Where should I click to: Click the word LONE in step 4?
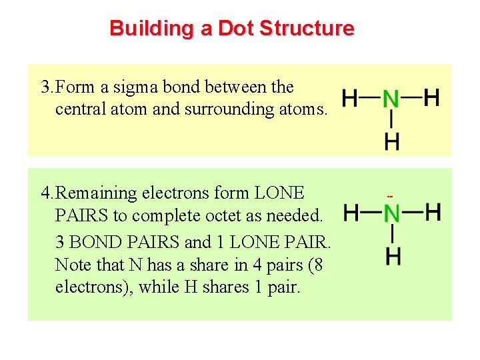279,193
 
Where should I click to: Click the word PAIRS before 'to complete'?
79,217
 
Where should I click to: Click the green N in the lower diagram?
392,214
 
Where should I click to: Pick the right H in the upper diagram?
432,98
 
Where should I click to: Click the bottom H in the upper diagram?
392,141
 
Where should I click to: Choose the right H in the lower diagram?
433,213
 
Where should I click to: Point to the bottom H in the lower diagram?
393,256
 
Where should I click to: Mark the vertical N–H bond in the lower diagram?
393,235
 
